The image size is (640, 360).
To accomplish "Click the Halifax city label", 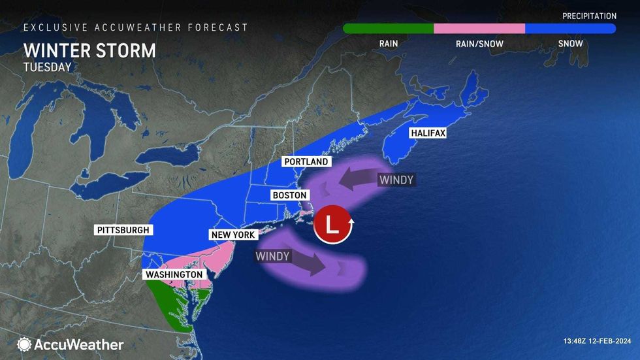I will click(427, 133).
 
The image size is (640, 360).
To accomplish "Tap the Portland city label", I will click(305, 162).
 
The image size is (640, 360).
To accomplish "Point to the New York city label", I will click(232, 235).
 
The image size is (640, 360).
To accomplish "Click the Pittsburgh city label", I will click(123, 230).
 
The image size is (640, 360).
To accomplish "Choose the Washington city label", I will click(174, 275).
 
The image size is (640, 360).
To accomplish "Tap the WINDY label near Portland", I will click(396, 180).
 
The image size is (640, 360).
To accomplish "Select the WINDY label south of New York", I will click(272, 256).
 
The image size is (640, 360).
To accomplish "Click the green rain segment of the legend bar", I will click(388, 29).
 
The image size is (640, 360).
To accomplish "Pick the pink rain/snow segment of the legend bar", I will click(479, 29).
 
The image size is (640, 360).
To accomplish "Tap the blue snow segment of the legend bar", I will click(570, 29).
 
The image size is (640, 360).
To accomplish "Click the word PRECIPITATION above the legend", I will click(589, 16).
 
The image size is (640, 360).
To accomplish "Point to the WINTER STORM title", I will click(89, 51).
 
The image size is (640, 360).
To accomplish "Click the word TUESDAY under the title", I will click(47, 67).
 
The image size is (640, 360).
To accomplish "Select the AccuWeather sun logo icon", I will click(24, 344).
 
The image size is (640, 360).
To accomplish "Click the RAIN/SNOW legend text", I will click(479, 44).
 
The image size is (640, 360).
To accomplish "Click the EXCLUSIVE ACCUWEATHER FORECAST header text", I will click(136, 27).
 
